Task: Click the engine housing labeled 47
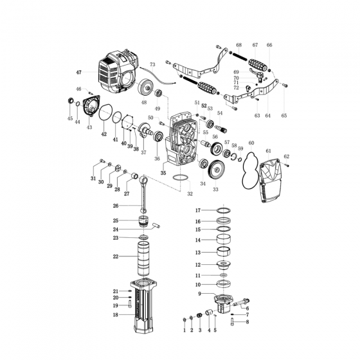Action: (119, 72)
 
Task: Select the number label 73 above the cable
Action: (152, 65)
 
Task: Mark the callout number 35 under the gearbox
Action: (163, 174)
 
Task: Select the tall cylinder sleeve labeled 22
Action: (143, 258)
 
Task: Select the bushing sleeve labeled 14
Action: (224, 240)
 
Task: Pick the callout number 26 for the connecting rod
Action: (116, 206)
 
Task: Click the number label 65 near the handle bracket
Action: (283, 116)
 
